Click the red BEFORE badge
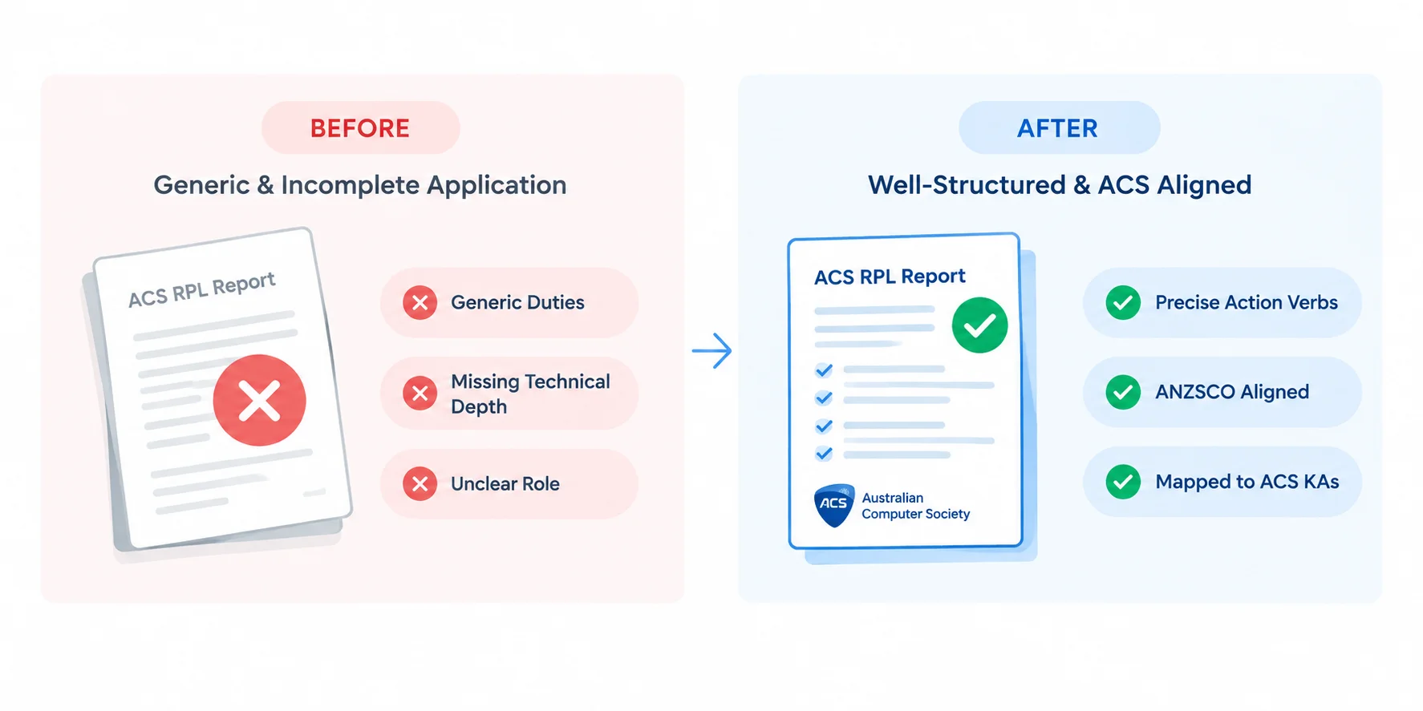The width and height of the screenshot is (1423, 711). click(x=360, y=127)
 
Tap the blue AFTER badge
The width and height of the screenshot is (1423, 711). click(x=1059, y=127)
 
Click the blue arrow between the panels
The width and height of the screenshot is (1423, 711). click(x=711, y=351)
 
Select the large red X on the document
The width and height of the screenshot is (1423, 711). click(x=259, y=400)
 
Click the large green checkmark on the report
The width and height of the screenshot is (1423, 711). click(x=979, y=325)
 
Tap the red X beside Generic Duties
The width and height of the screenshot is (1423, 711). click(x=420, y=303)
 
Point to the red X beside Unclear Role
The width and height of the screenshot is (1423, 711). click(x=420, y=483)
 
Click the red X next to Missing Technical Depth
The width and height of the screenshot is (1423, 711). click(x=420, y=394)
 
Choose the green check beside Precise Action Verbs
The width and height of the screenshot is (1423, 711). click(x=1123, y=303)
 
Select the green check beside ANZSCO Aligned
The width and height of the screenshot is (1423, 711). click(x=1123, y=392)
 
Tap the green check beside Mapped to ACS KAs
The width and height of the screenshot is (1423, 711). click(x=1123, y=482)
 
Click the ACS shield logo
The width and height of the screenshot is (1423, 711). click(x=834, y=505)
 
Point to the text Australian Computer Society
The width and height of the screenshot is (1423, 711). click(x=915, y=506)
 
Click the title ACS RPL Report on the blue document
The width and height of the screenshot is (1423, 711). click(x=890, y=277)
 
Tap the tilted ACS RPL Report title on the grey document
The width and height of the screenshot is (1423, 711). click(x=202, y=289)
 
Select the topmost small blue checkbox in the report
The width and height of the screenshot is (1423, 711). click(x=824, y=370)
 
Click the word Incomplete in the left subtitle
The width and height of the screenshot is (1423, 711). click(x=351, y=185)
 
